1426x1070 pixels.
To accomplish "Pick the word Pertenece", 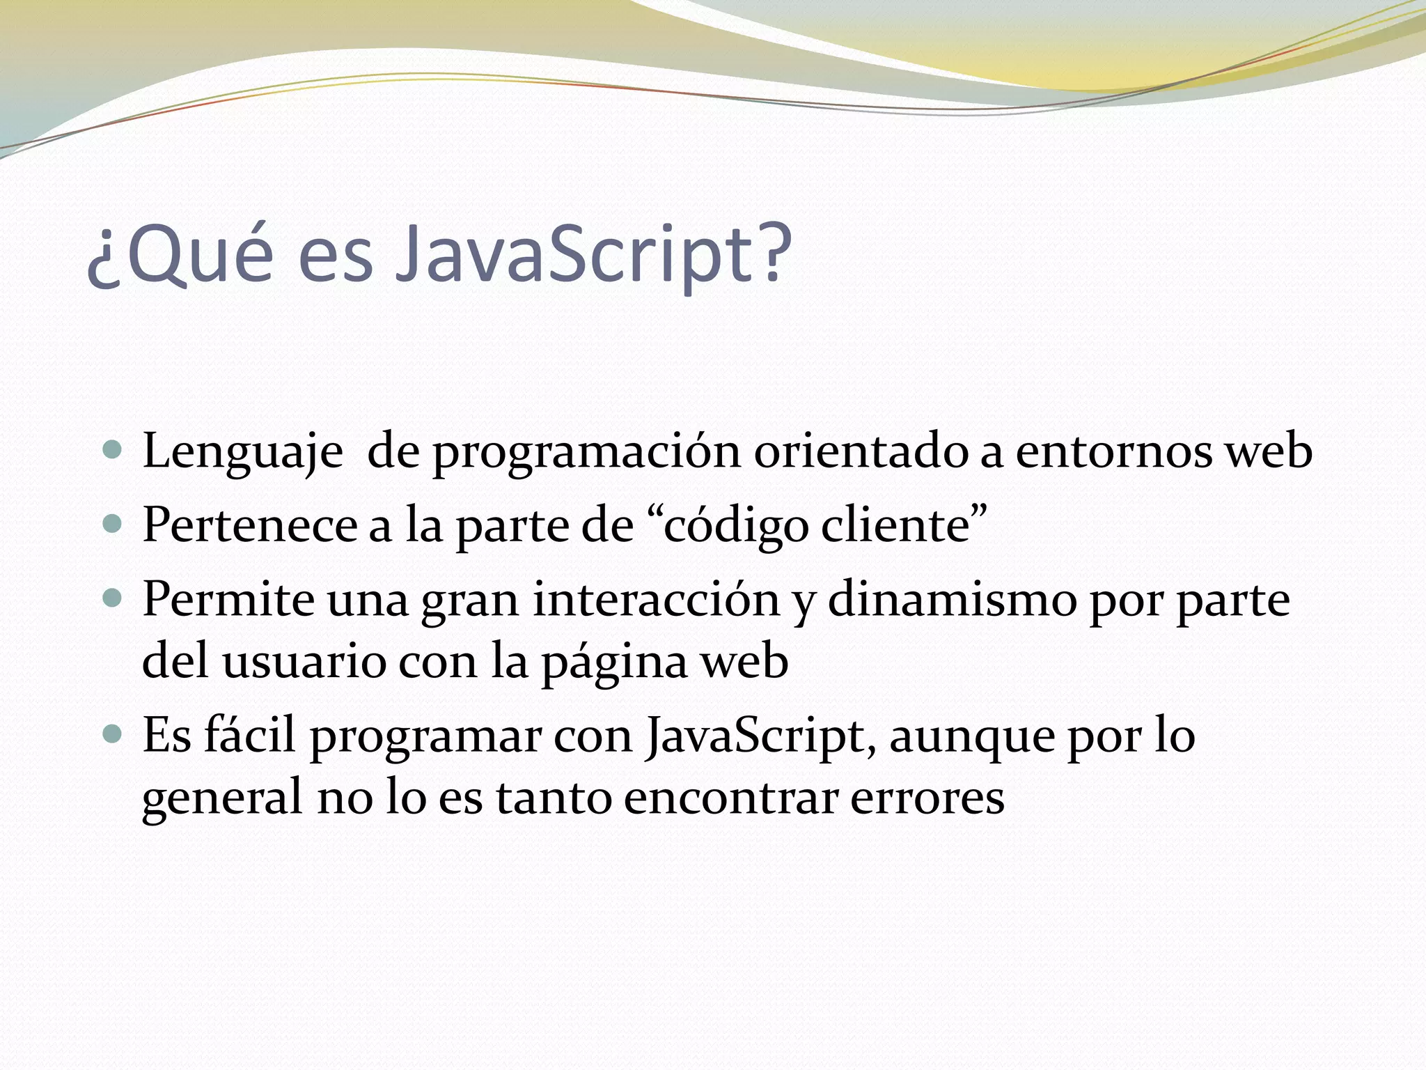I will [250, 525].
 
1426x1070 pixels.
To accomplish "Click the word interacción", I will [656, 599].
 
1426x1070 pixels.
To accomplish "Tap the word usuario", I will [304, 661].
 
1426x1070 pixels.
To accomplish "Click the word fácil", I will [249, 735].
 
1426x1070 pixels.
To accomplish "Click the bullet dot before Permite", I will [112, 597].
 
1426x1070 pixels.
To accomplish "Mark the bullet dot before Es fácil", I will [112, 734].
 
